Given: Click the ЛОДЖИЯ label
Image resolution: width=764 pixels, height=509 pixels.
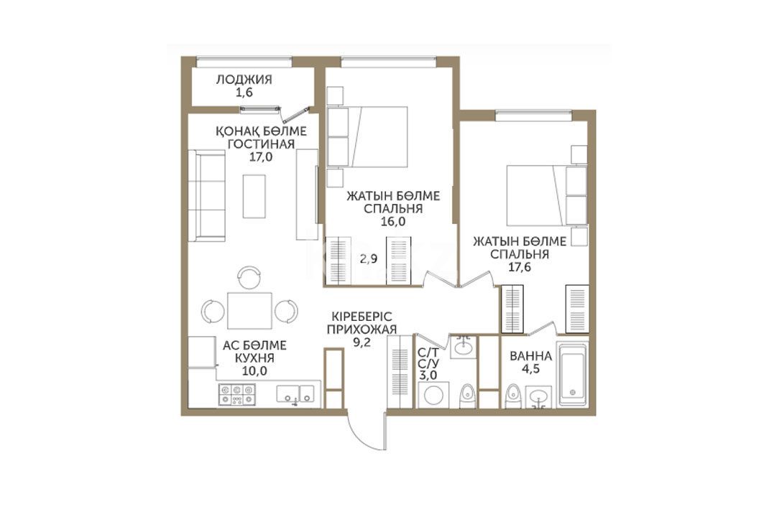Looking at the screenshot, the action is [244, 79].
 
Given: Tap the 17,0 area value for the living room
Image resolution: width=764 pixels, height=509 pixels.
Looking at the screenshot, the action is [261, 157].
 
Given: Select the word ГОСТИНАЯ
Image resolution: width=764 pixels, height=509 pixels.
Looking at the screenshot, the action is [261, 144].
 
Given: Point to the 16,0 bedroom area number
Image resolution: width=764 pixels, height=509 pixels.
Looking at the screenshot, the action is [393, 221].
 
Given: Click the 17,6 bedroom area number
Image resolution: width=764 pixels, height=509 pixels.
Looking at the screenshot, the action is [520, 267].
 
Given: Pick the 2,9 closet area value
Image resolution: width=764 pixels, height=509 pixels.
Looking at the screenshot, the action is [369, 259].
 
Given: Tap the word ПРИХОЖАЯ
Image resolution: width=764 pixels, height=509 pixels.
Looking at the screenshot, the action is [362, 330].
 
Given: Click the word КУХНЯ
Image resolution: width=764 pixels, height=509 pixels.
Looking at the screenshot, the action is [254, 358].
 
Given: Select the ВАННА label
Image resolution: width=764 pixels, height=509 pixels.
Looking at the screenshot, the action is [530, 356].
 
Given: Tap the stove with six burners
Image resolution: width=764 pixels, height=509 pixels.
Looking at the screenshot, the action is [236, 395].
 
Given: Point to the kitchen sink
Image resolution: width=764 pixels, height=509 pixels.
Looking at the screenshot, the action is [295, 393].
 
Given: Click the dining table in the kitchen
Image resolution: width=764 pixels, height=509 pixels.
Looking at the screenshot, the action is [249, 310].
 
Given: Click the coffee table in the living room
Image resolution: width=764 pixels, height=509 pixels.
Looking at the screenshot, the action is [254, 197].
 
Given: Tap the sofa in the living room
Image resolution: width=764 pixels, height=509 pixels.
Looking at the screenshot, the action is [206, 195].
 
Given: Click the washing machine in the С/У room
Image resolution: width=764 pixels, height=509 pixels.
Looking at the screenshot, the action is [433, 395].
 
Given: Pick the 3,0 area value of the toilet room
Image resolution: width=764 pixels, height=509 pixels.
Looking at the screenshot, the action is [428, 376].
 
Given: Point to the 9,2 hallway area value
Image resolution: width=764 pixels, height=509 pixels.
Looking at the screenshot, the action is [362, 342].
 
